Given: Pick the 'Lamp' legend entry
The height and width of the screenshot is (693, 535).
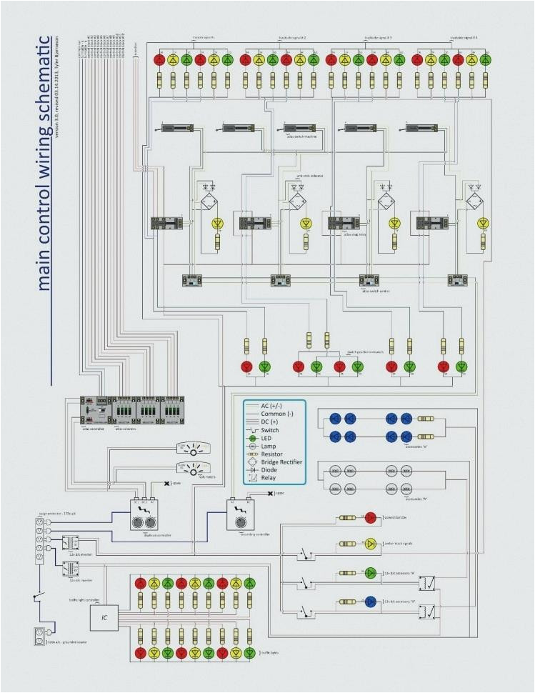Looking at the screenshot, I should pos(269,447).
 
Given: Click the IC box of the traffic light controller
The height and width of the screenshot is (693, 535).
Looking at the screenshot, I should pos(104,615).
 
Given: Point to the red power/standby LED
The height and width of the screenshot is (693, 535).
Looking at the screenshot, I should pos(370,517).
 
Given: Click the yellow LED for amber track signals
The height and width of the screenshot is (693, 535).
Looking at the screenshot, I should pos(370,544).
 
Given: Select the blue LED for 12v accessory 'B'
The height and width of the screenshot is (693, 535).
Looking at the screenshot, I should pos(370,601).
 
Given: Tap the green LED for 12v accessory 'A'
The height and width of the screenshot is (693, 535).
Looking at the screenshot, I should pos(370,572).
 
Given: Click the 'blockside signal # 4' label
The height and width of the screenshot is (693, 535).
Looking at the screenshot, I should pos(464,37).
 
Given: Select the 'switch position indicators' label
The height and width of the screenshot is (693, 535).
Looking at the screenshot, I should pos(364,352).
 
